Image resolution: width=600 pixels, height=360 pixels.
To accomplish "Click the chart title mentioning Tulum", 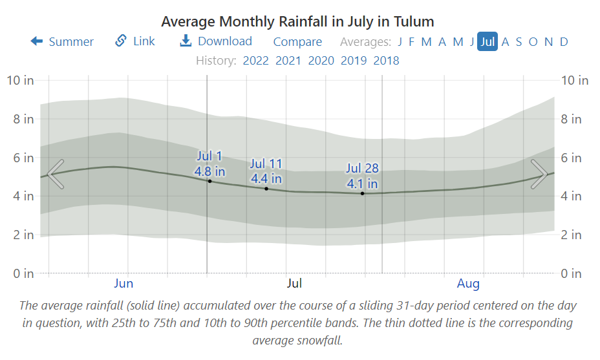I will coord(297,21).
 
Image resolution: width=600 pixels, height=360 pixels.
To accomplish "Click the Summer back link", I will coord(62,42).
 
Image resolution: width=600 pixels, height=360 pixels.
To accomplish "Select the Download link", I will coord(216,41).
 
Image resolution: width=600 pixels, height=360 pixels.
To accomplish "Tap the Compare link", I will coord(297,42).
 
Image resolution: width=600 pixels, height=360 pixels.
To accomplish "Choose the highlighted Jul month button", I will coord(487,42).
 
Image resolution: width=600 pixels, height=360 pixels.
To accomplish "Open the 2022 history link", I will coord(255,61).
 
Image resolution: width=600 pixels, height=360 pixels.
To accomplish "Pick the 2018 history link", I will coord(386,61).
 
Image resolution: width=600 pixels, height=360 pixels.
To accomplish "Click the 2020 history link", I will coord(321,61).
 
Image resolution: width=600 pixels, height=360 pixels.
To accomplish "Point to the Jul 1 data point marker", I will coord(209,181).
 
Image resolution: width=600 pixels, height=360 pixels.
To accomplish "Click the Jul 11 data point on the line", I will coord(266,189).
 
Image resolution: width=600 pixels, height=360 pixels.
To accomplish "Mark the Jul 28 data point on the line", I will coord(363,193).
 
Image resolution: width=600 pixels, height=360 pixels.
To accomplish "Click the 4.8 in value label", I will coord(209,171).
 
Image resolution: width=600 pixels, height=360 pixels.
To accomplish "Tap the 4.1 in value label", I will coord(363,184).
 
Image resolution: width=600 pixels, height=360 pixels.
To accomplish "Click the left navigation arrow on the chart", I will coord(56,174).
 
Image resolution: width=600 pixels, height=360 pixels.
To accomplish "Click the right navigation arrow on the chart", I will coord(539,174).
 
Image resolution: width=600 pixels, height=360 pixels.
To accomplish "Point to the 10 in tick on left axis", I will coord(20,81).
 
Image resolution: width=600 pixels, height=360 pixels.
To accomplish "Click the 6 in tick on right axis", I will coord(572,158).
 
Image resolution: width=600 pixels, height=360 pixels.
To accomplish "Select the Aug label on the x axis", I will coord(468,284).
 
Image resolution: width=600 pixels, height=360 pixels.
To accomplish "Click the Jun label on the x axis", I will coord(123,284).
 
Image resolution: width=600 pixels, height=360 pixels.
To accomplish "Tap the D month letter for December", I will coord(564,42).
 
